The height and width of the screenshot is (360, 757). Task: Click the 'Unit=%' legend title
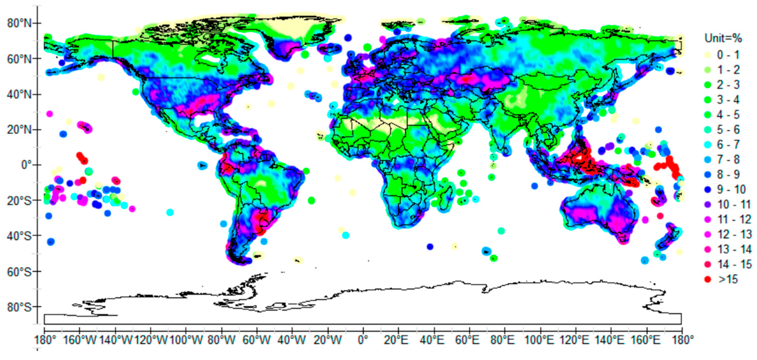pos(723,38)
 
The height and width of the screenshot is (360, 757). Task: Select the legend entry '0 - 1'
pos(728,55)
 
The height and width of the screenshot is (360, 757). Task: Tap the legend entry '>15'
pos(728,279)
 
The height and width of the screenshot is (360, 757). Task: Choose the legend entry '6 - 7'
pos(728,145)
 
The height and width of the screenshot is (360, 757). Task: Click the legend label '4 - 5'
pos(728,115)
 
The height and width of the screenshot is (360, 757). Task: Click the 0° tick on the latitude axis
pos(26,165)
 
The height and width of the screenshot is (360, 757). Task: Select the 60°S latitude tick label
pos(19,272)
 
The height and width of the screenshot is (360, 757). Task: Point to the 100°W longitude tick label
pos(186,340)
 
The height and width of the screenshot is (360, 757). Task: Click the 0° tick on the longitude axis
pos(363,340)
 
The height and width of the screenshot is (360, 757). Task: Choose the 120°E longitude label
pos(574,340)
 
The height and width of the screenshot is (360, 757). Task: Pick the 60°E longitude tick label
pos(469,340)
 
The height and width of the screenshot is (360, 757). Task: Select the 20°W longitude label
pos(328,340)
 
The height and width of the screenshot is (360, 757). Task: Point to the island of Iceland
pos(330,48)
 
